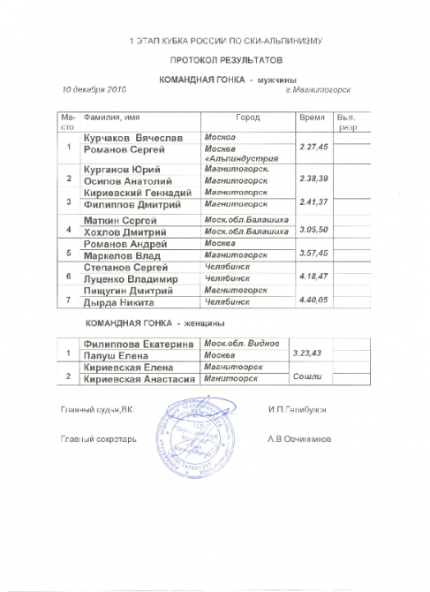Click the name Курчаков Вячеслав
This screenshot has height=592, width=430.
click(x=134, y=139)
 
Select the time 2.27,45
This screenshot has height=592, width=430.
click(x=314, y=146)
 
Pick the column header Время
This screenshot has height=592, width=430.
click(x=313, y=117)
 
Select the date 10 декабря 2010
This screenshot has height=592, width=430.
click(x=94, y=89)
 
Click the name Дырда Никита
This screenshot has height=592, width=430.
click(x=118, y=302)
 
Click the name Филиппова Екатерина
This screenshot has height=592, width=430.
click(x=138, y=343)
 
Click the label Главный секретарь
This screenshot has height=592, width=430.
click(x=98, y=437)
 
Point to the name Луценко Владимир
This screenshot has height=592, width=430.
click(x=130, y=277)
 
